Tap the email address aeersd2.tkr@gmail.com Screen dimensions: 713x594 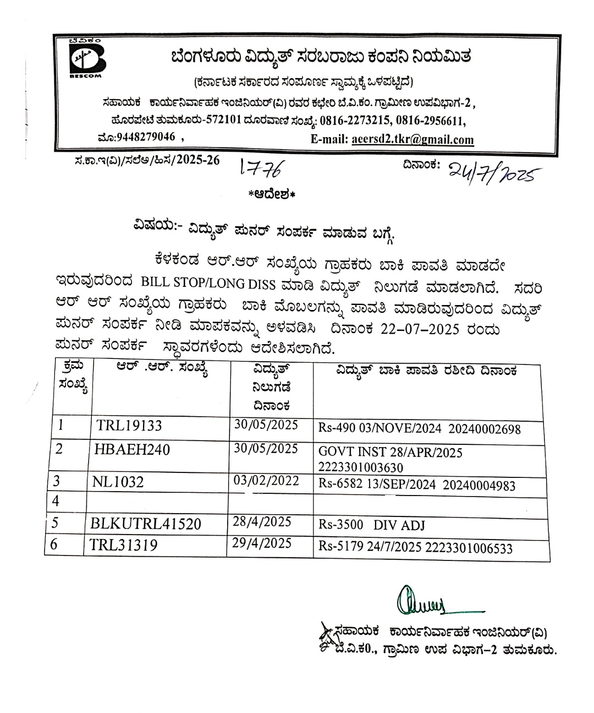tap(412, 140)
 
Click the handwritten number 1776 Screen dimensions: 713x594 tap(260, 168)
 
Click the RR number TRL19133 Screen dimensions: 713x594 tap(129, 426)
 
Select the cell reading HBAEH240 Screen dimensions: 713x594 tap(132, 450)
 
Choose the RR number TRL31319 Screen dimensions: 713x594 tap(124, 545)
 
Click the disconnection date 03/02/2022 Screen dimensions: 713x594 tap(266, 481)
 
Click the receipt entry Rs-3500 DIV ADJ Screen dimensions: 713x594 tap(372, 525)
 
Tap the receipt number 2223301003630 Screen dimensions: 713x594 tap(361, 468)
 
